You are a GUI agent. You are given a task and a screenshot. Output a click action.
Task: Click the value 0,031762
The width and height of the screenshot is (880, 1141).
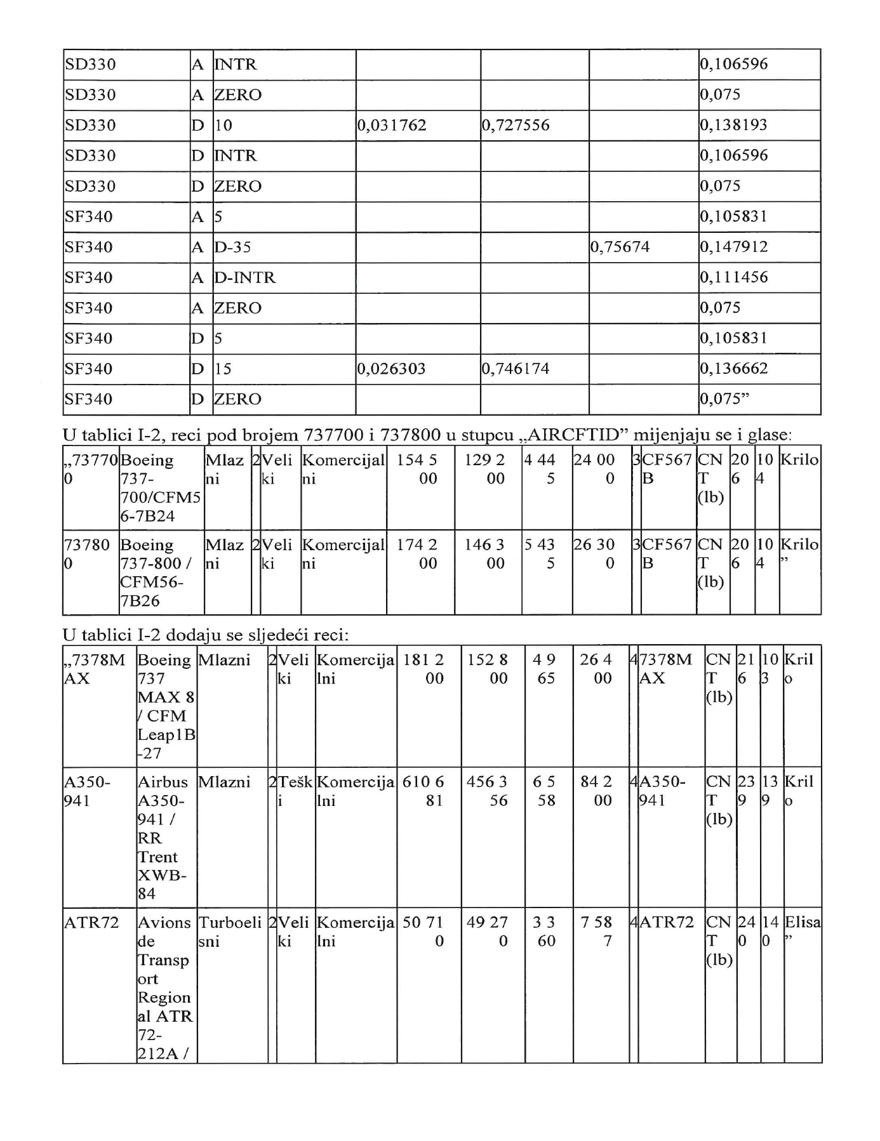(x=392, y=125)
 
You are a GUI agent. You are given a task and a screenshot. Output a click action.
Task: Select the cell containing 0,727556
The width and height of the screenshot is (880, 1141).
(x=516, y=125)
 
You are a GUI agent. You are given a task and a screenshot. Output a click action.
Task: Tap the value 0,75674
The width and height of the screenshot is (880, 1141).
(x=620, y=247)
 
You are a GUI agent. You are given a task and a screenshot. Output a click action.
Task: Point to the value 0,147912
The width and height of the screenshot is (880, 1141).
(x=734, y=247)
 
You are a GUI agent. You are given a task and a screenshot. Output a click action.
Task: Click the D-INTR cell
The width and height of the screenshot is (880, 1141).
(x=245, y=277)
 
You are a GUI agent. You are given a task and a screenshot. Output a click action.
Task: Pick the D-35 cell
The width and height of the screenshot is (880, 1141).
(x=233, y=247)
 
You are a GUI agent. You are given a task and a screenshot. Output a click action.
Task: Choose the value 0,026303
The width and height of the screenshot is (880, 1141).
(x=392, y=369)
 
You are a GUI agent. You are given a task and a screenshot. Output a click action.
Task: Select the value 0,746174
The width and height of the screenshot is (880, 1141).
(x=516, y=369)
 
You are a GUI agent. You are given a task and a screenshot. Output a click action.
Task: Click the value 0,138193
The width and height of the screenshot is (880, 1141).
(x=734, y=125)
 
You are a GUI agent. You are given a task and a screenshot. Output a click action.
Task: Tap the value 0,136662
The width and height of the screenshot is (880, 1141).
(x=734, y=369)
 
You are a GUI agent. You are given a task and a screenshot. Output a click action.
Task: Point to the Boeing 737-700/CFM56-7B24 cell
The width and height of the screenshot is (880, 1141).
(x=161, y=488)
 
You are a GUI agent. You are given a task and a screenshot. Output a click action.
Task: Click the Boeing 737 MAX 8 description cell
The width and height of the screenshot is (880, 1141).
(x=166, y=706)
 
